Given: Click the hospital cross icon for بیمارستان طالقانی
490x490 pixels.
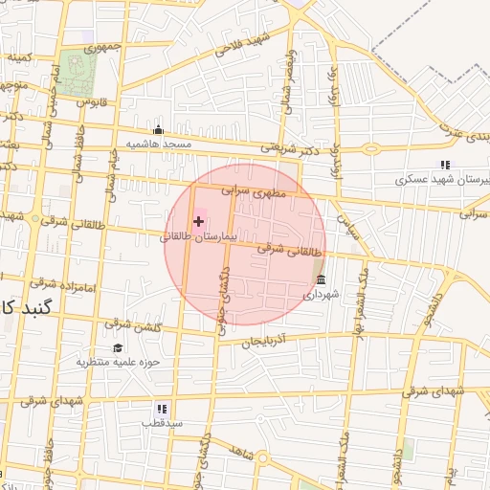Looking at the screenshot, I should point(198,222).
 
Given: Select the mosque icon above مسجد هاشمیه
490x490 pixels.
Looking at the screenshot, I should point(159,130).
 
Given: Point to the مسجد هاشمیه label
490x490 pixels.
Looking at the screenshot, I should point(159,144).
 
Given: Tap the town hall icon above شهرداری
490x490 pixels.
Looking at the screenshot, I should point(320,280).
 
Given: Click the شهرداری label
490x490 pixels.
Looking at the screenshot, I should point(320,296).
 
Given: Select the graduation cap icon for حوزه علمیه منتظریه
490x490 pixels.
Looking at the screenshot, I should point(118,348).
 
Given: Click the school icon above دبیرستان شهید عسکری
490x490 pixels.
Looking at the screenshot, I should point(445,166).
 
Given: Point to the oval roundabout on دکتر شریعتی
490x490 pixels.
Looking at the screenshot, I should point(371,148).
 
